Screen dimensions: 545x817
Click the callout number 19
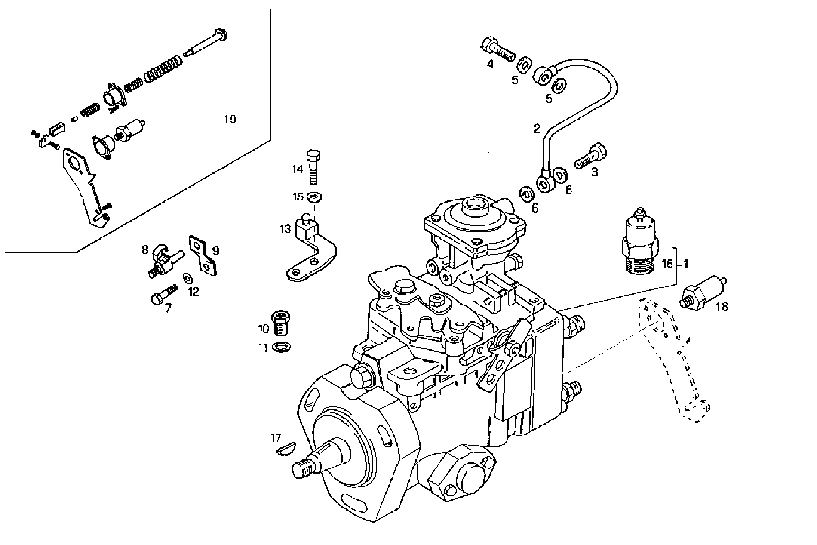click(x=229, y=120)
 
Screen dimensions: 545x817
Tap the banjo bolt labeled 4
click(x=497, y=49)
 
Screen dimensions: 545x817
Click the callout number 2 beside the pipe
click(x=537, y=128)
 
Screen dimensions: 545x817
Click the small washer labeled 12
click(x=187, y=277)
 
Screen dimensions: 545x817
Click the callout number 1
click(x=686, y=264)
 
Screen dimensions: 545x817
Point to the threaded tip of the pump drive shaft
click(x=302, y=469)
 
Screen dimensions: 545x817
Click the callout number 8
click(x=145, y=250)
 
